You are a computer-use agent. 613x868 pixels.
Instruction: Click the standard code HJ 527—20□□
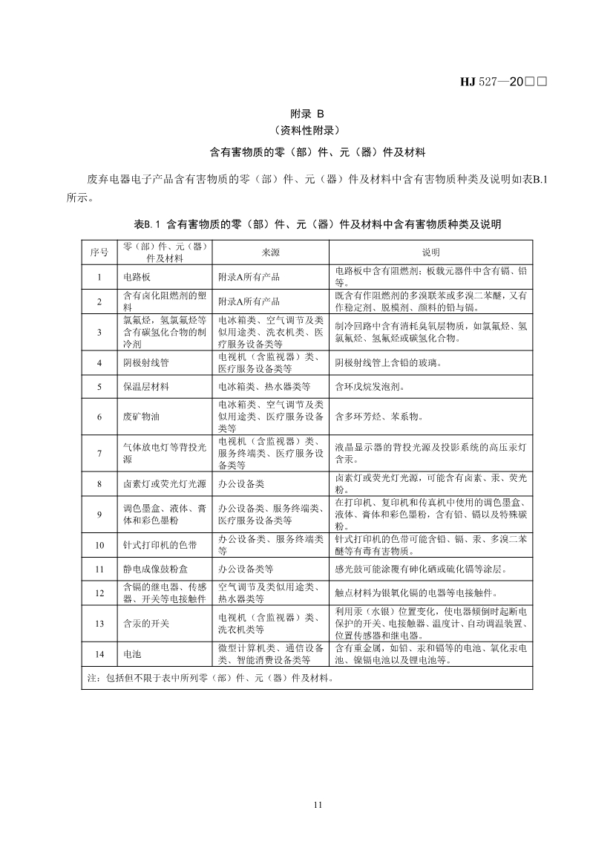point(503,82)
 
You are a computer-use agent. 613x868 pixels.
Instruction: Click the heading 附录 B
point(306,114)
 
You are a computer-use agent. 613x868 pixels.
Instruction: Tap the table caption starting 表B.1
point(306,223)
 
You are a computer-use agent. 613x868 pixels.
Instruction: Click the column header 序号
point(99,252)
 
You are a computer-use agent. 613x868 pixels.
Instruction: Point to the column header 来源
point(271,252)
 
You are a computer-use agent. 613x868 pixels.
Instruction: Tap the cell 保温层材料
point(145,387)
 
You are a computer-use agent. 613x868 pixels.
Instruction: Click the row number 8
point(99,484)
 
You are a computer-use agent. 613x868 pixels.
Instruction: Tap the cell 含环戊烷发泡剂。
point(369,387)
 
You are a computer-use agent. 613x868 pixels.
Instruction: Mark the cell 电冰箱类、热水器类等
point(263,387)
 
